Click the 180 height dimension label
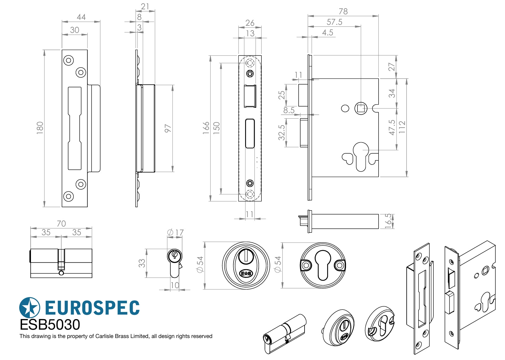[40, 128]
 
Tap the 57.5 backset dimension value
[334, 22]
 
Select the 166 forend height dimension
[206, 128]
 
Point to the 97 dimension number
[168, 128]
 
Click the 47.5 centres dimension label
[392, 128]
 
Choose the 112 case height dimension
[402, 127]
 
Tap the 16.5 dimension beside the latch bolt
[388, 221]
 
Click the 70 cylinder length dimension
[61, 223]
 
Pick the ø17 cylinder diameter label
[175, 232]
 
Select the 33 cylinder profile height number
[142, 263]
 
